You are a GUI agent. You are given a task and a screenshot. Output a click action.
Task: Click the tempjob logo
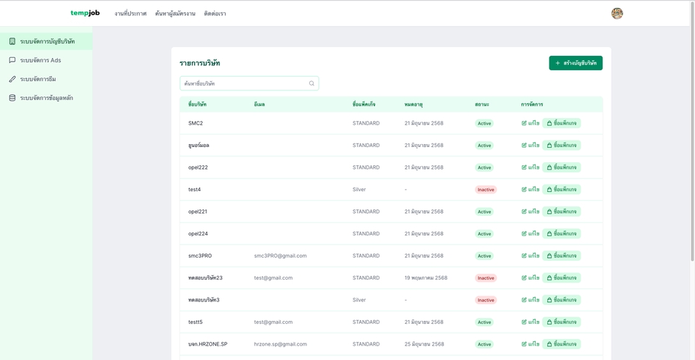coord(85,13)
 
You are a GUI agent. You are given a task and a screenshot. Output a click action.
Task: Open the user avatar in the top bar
coord(617,13)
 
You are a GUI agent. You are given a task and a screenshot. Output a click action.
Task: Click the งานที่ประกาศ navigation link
coord(130,14)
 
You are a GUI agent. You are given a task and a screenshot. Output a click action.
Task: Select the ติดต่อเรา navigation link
coord(215,14)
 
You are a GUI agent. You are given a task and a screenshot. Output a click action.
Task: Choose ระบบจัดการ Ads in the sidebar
coord(41,60)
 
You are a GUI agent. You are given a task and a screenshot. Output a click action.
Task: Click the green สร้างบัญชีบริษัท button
coord(576,63)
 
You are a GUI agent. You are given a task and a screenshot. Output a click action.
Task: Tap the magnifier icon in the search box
coord(311,83)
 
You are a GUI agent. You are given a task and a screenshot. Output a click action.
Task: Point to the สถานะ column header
coord(481,104)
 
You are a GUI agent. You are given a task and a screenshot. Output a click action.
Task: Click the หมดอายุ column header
coord(413,104)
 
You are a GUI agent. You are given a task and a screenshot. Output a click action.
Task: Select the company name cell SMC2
coord(195,123)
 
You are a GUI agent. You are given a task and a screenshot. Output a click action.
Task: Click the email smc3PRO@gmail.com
coord(280,256)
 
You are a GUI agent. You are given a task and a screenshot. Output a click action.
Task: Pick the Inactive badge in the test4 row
coord(486,190)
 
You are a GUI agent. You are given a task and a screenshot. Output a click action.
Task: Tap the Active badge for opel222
coord(484,167)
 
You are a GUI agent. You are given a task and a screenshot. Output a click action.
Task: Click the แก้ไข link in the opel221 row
coord(531,212)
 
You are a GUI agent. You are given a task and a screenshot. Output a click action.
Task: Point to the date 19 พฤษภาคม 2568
coord(426,278)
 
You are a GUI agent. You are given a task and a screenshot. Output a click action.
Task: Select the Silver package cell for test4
coord(359,189)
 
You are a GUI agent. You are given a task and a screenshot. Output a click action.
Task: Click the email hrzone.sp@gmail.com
coord(280,344)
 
